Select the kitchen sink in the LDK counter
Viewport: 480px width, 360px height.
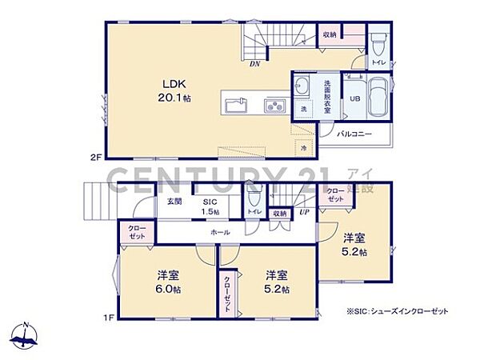point(236,106)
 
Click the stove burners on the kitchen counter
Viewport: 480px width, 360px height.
point(274,106)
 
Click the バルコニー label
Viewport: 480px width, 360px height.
point(353,134)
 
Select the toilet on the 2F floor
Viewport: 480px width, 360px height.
point(378,40)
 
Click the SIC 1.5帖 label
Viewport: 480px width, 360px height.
point(210,206)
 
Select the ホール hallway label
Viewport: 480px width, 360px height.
point(221,232)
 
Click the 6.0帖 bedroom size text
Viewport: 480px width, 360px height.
point(166,290)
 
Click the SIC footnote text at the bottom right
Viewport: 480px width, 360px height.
point(397,310)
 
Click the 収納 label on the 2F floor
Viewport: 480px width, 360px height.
point(330,35)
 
